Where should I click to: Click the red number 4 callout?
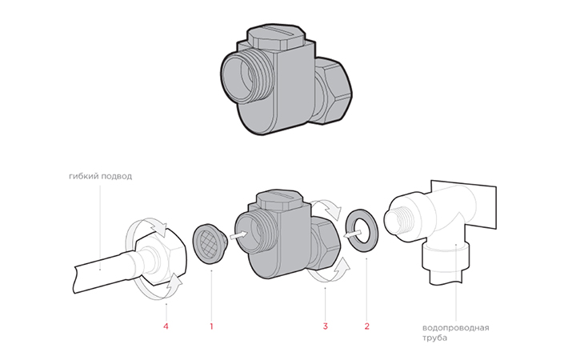(x=166, y=326)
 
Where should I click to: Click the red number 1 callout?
(x=211, y=326)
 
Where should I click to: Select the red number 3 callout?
(x=325, y=326)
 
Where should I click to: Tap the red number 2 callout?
(x=367, y=326)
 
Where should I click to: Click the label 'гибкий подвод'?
(x=101, y=176)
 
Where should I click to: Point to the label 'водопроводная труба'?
(x=455, y=333)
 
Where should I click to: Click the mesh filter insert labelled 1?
(x=208, y=243)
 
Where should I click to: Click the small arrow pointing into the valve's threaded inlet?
(x=238, y=235)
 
